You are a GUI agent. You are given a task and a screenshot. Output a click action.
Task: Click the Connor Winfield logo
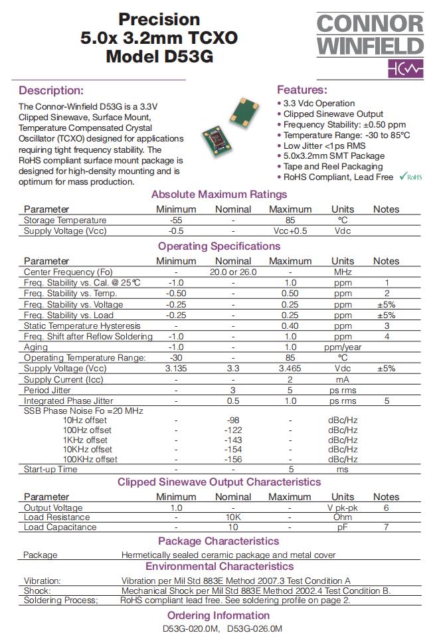[x=369, y=43]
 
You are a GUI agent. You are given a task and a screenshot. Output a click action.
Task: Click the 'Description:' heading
[x=51, y=90]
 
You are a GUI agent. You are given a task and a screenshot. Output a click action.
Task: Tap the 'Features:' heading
[x=302, y=90]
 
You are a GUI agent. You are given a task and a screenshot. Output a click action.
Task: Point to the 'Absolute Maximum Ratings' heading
[x=219, y=195]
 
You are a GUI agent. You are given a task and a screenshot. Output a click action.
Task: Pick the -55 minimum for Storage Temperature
[x=176, y=220]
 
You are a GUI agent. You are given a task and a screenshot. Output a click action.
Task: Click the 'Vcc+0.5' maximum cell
[x=290, y=231]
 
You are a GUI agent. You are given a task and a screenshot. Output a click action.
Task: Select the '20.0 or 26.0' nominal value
[x=233, y=272]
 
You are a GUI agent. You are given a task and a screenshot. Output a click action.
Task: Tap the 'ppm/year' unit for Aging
[x=343, y=347]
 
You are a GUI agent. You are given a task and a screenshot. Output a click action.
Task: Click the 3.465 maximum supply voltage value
[x=290, y=368]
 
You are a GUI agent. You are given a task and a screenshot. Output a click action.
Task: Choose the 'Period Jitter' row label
[x=47, y=390]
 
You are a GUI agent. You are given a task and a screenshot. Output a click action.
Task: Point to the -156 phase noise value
[x=233, y=459]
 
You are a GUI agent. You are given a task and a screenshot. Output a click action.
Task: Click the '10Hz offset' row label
[x=85, y=420]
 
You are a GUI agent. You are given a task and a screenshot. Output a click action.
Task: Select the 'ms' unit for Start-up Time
[x=343, y=469]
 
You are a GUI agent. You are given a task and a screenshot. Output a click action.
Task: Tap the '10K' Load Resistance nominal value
[x=233, y=517]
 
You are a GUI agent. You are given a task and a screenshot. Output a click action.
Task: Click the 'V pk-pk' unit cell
[x=343, y=507]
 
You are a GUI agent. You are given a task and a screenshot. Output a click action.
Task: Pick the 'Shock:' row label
[x=37, y=590]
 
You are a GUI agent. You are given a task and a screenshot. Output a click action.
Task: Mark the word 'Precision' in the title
[x=159, y=19]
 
